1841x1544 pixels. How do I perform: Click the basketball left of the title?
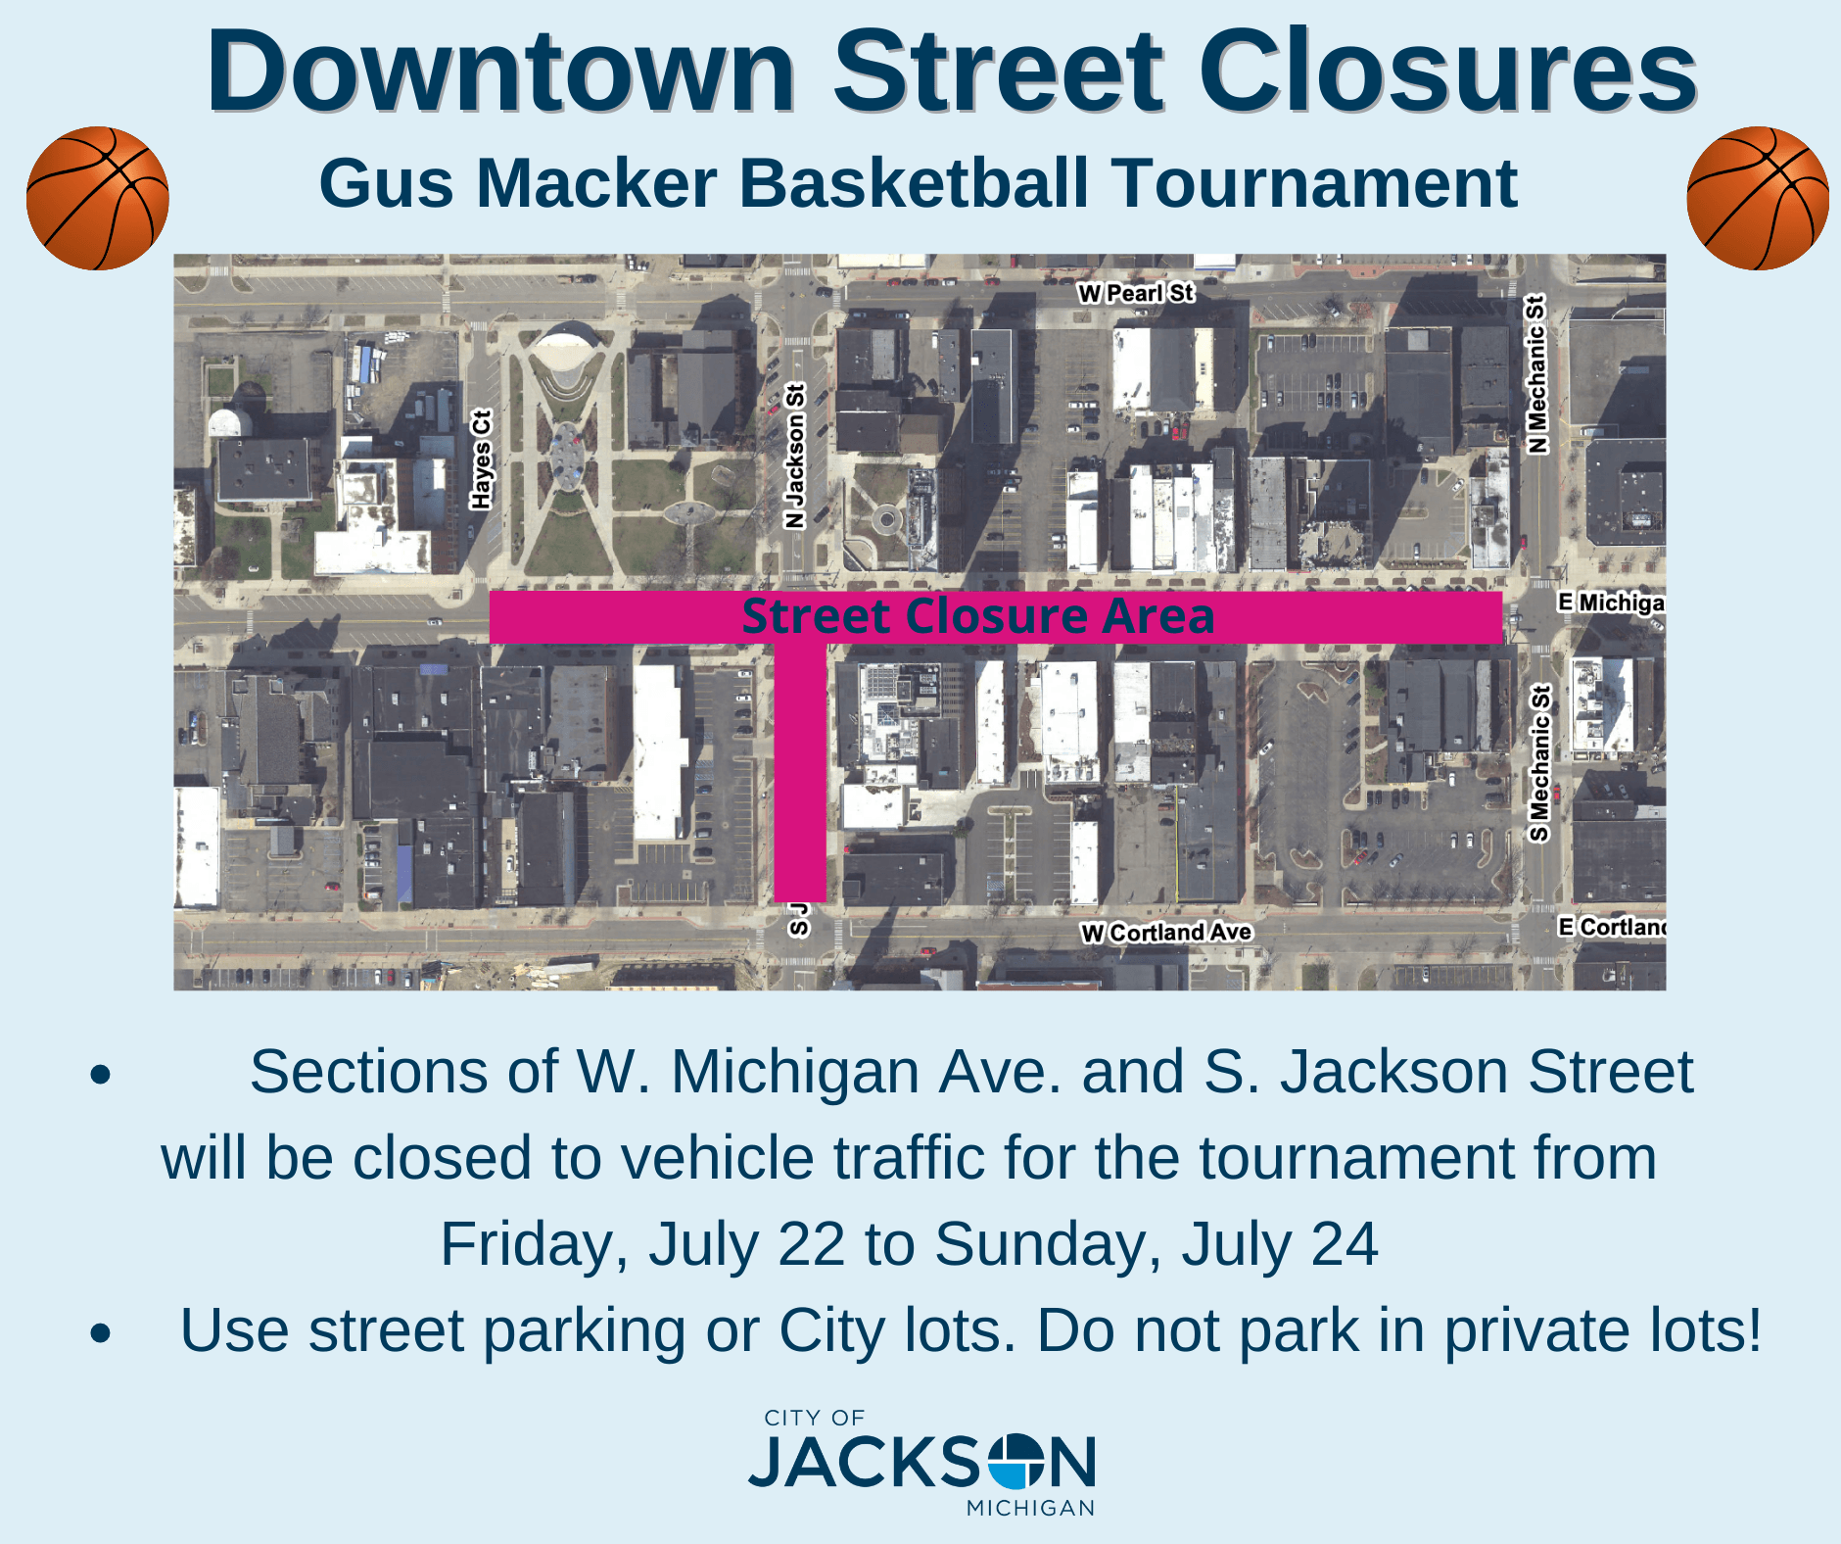pos(98,198)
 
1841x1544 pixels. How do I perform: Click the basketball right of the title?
pos(1758,198)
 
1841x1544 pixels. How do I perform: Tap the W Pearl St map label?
pos(1136,293)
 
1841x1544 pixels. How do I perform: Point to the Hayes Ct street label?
pos(481,459)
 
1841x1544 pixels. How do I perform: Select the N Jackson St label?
pos(795,456)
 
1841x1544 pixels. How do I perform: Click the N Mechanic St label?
pos(1537,374)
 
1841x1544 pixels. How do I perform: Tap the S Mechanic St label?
pos(1539,763)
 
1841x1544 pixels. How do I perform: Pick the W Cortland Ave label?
pos(1166,932)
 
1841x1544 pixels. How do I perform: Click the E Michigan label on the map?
pos(1611,603)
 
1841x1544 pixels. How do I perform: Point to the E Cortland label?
pos(1612,927)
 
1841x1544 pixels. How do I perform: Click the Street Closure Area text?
pos(977,616)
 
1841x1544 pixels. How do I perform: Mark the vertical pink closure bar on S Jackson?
pos(800,774)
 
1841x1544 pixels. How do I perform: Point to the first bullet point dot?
pos(100,1075)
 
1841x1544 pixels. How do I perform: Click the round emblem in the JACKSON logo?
pos(1016,1463)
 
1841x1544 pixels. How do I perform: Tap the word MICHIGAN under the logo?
pos(1030,1509)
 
